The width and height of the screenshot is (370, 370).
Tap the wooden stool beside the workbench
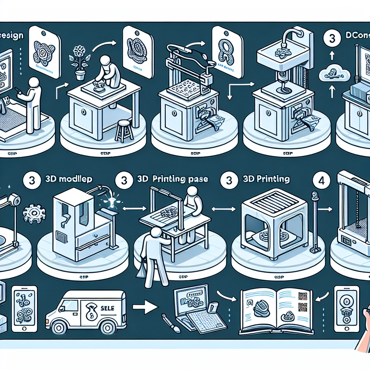point(124,130)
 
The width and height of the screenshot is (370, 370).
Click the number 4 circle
point(322,180)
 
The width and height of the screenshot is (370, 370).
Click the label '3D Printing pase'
point(173,179)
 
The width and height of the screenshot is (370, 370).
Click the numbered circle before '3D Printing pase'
point(124,180)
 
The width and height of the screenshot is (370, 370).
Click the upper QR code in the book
point(302,297)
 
